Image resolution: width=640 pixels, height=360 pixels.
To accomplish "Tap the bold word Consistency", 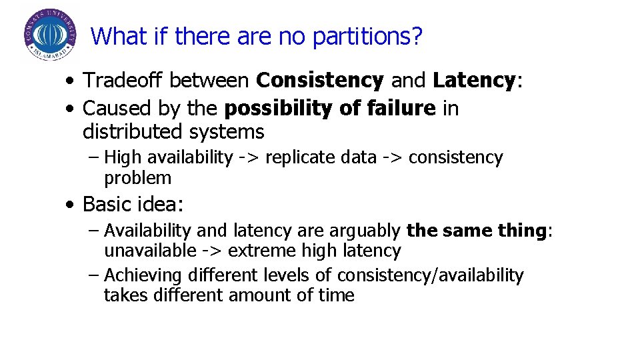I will pos(320,81).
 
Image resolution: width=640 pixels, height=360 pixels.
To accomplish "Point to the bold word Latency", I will pos(474,81).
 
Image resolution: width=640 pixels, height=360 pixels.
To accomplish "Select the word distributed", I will pos(133,131).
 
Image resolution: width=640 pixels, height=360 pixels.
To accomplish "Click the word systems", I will pos(227,131).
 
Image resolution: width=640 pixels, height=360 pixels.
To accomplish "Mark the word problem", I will pos(137,178).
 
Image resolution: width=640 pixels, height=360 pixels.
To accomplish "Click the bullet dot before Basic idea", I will pos(70,204).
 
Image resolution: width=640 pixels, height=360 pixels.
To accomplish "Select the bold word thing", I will pos(522,231).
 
